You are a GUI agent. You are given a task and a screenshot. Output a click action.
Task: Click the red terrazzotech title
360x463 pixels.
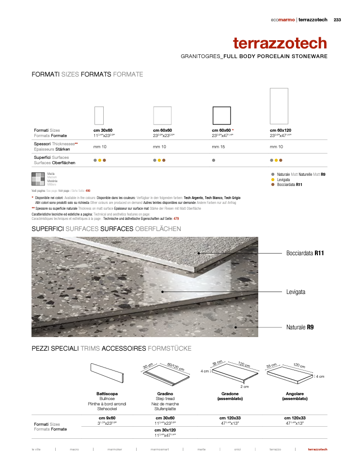(280, 43)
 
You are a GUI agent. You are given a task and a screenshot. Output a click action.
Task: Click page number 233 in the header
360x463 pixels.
(337, 20)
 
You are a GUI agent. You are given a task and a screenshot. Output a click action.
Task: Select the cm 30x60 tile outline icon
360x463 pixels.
(99, 116)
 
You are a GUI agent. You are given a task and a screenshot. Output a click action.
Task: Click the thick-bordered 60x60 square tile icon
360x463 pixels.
(221, 116)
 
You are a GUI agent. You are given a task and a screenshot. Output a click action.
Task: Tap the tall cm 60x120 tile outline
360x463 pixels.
(279, 106)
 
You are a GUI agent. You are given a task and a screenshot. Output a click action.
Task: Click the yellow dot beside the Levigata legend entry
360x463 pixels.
(273, 179)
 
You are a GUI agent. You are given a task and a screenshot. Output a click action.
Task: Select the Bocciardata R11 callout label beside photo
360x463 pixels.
(305, 253)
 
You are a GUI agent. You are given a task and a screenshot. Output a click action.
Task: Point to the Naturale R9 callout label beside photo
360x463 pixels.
(300, 327)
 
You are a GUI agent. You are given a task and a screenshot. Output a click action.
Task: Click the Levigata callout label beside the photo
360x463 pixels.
(296, 292)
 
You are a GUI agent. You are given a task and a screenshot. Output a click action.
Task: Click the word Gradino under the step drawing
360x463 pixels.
(165, 394)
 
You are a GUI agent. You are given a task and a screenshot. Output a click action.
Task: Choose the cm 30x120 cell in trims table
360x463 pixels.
(165, 430)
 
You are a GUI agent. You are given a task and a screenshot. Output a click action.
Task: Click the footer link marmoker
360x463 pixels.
(115, 449)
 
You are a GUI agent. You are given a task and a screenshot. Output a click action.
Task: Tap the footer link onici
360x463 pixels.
(237, 449)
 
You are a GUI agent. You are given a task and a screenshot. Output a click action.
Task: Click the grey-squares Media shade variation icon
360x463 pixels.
(38, 179)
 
